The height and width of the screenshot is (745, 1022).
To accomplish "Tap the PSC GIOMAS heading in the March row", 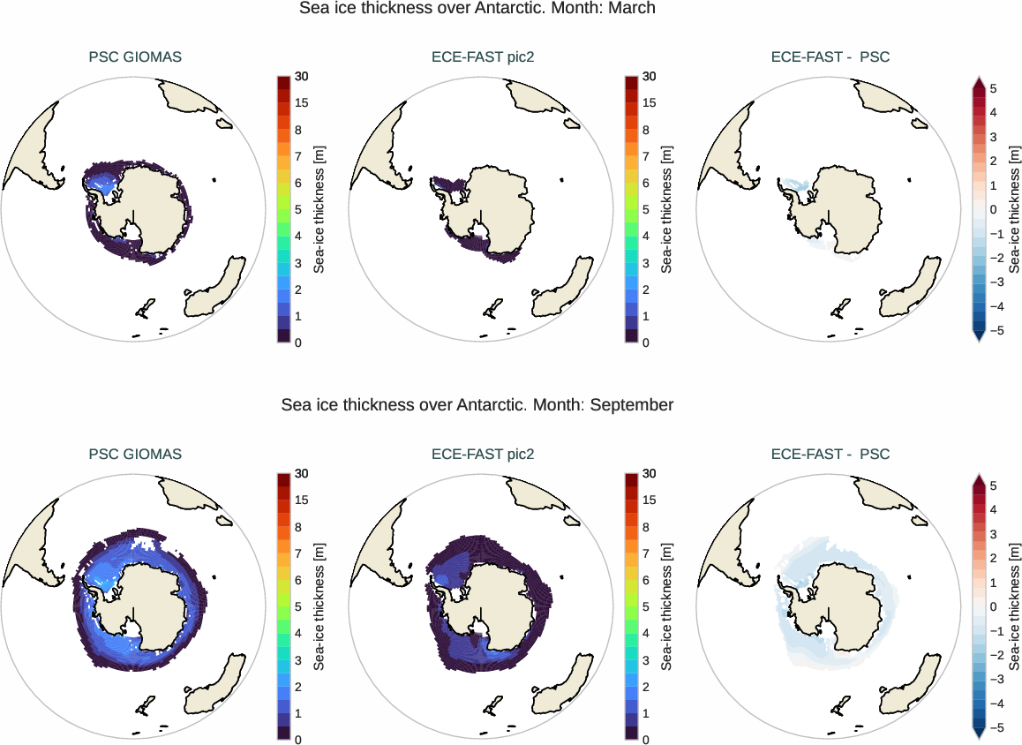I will point(135,57).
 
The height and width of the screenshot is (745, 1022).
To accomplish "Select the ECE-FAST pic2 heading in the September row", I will point(483,455).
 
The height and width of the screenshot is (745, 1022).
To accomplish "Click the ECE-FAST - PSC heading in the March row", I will point(830,57).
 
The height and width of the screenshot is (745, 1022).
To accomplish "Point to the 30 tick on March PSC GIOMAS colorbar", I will point(302,77).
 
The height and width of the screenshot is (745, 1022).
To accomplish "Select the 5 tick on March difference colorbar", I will point(994,89).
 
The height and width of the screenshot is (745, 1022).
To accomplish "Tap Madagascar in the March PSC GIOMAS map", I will point(215,181).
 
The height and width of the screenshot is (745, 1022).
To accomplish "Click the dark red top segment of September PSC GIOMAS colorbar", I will point(284,478).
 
